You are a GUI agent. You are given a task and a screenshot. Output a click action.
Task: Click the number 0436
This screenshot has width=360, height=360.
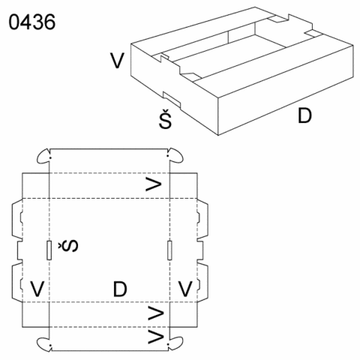click(32, 22)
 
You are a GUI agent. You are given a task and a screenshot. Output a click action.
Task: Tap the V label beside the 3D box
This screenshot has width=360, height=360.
click(117, 61)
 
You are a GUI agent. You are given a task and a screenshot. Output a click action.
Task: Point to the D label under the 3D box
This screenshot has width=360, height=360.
click(304, 115)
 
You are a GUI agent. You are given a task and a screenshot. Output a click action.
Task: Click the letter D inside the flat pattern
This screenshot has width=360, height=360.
click(120, 289)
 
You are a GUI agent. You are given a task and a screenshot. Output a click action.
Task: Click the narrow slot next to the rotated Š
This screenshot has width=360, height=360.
click(49, 250)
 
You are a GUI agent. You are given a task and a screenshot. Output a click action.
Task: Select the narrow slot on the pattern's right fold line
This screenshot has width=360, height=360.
click(169, 250)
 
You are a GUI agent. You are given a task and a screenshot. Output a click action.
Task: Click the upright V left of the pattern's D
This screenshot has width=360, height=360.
click(37, 289)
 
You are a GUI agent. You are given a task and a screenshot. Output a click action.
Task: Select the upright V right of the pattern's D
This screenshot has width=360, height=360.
click(185, 289)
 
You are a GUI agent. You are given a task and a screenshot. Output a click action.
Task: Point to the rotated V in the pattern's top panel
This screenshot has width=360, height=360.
click(154, 184)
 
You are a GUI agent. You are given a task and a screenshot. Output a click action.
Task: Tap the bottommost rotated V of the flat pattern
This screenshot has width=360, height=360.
click(156, 336)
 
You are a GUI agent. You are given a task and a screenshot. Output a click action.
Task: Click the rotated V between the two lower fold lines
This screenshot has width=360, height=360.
click(156, 313)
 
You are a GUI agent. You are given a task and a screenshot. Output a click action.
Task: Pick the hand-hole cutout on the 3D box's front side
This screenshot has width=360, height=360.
click(172, 100)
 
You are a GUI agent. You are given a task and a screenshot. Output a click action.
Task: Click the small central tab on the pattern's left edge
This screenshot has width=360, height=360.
click(20, 250)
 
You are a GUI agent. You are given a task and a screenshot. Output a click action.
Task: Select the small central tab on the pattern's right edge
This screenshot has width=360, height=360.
click(200, 250)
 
